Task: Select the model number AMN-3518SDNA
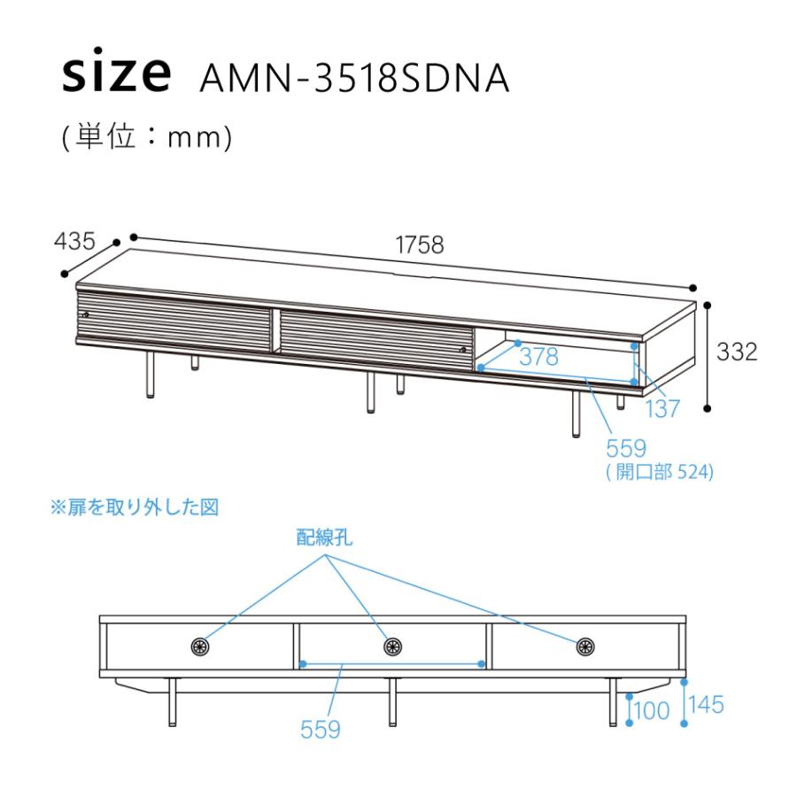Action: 354,79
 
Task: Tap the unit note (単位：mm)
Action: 146,137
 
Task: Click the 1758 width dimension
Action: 420,245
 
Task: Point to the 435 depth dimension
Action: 74,241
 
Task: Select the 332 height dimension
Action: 737,352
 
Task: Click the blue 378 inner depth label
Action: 538,357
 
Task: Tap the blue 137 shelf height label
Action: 662,408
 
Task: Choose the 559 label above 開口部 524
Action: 626,449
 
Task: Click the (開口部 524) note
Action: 660,472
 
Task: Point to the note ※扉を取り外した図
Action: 135,507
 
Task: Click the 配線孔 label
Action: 324,538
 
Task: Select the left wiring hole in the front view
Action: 200,646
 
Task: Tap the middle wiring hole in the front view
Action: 392,646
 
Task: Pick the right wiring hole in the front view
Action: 585,646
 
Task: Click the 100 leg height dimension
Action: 652,710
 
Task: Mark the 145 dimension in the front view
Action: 706,705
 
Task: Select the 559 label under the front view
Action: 321,730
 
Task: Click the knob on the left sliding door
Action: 85,315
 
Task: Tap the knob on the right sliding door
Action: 462,350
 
